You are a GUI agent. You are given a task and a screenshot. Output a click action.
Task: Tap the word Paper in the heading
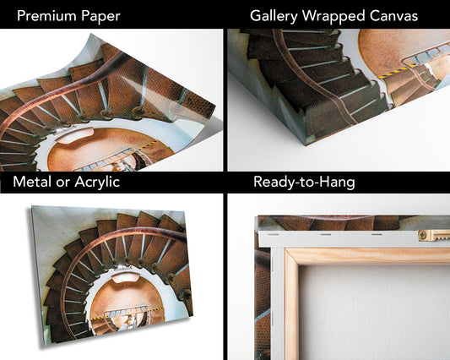(100, 17)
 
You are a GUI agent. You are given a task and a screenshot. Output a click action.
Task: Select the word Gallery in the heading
(274, 16)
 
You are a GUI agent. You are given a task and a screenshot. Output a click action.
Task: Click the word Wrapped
(333, 17)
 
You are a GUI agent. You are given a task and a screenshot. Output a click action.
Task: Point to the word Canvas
(393, 15)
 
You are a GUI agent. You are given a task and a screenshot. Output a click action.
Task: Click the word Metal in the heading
(32, 182)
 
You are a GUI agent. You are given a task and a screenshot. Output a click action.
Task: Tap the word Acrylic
(97, 183)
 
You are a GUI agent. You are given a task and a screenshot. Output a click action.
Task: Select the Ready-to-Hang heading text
(304, 183)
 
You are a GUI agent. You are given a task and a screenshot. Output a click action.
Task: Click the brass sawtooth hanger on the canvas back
(434, 235)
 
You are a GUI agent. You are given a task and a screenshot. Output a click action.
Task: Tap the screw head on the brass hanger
(423, 236)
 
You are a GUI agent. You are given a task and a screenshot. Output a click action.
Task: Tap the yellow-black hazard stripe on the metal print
(127, 314)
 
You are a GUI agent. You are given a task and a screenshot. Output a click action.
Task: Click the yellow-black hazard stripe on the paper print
(149, 145)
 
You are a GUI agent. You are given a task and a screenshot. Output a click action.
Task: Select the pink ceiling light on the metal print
(125, 278)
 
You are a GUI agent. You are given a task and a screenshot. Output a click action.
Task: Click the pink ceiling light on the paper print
(75, 136)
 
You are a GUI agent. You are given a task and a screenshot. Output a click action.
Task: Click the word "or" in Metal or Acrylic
(63, 183)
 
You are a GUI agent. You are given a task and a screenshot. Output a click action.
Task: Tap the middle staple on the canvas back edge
(326, 234)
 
